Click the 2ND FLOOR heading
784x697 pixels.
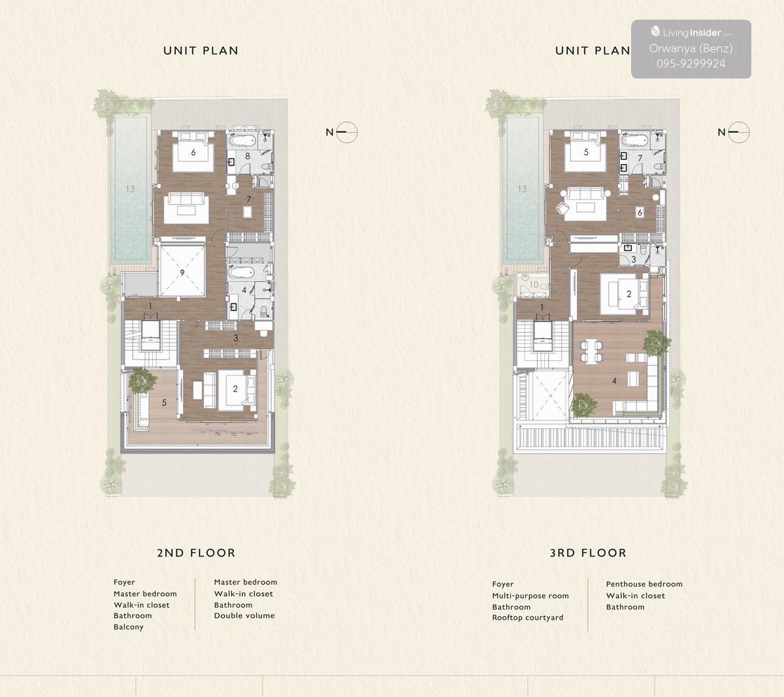[x=196, y=553]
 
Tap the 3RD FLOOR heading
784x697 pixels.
[x=588, y=553]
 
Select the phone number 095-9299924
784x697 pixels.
[x=691, y=63]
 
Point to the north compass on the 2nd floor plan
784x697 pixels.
[x=346, y=132]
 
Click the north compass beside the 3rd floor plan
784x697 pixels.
[x=738, y=132]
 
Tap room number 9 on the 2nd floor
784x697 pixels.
[x=182, y=273]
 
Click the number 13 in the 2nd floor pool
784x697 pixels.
[x=130, y=189]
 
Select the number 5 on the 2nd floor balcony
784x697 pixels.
[x=164, y=403]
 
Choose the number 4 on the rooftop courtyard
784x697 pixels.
[x=614, y=381]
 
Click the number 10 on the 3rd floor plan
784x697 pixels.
[x=534, y=284]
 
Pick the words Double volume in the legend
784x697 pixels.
[x=244, y=615]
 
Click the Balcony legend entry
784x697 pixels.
[x=129, y=627]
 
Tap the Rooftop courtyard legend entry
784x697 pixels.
[x=527, y=618]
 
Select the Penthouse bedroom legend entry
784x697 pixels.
[x=644, y=584]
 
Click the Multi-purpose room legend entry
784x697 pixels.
[x=531, y=596]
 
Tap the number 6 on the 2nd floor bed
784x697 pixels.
[x=193, y=152]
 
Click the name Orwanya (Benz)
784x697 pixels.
[x=691, y=48]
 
